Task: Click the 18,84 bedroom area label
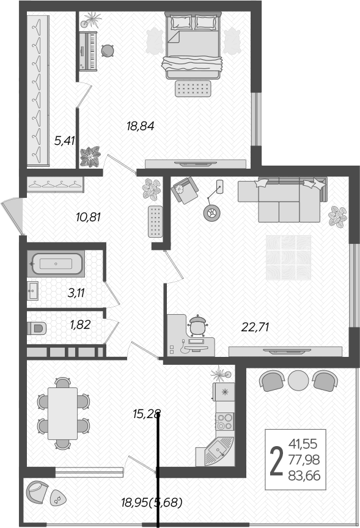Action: (140, 127)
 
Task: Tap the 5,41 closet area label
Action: (64, 141)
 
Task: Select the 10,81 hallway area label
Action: (88, 216)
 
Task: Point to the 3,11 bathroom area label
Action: (76, 292)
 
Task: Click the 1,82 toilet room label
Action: (80, 324)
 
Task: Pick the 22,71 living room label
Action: (255, 327)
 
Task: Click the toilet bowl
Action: (37, 328)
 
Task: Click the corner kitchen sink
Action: (218, 450)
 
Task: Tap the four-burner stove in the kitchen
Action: (224, 420)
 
